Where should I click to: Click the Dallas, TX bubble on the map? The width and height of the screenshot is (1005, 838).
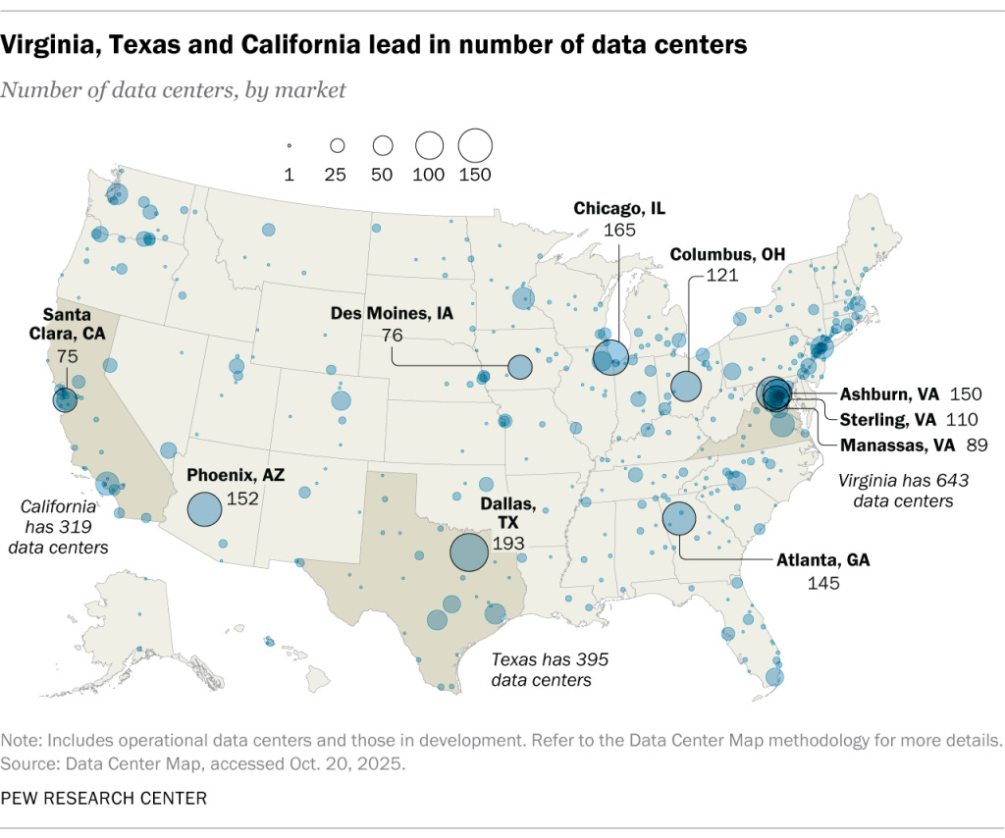(x=468, y=551)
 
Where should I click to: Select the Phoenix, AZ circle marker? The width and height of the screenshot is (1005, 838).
(x=204, y=510)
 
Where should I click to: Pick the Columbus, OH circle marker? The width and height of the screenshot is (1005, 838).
(x=686, y=386)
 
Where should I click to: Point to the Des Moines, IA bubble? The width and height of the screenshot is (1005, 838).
(x=519, y=368)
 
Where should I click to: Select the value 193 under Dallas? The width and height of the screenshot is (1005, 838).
(x=508, y=543)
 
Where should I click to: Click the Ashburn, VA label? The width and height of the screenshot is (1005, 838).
(x=889, y=394)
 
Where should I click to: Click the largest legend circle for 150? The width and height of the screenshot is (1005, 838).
(x=475, y=145)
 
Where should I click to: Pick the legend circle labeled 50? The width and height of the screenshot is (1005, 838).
(x=383, y=145)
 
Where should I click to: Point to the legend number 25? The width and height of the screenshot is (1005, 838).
(x=336, y=175)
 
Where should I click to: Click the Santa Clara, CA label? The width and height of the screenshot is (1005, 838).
(x=66, y=323)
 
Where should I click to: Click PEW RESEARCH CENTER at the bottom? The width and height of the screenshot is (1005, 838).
(x=104, y=798)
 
